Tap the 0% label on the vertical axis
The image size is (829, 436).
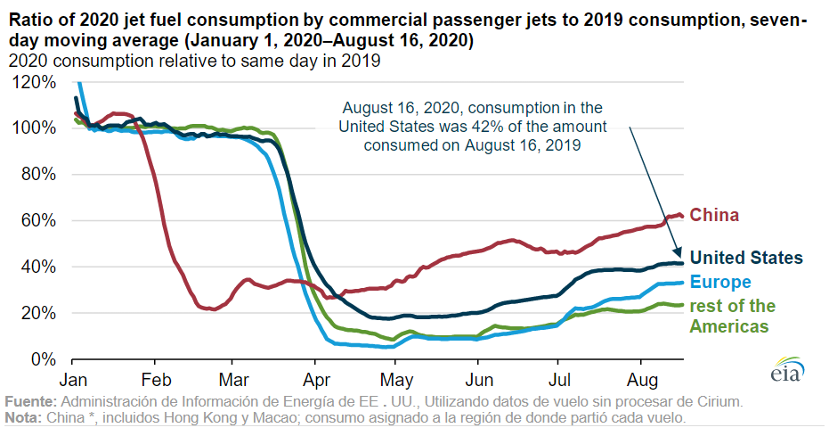(x=47, y=359)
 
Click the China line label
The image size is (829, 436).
(x=715, y=216)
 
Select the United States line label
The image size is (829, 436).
(x=747, y=258)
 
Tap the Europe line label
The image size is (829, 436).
(x=720, y=283)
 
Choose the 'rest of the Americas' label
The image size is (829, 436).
(x=732, y=316)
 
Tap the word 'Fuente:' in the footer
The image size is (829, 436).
(x=28, y=402)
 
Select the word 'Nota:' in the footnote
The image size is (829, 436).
(x=24, y=417)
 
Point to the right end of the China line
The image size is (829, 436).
(x=682, y=216)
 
